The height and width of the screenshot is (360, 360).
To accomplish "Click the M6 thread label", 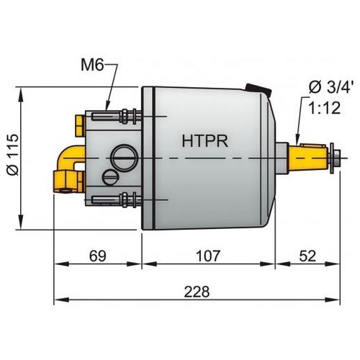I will tap(92, 67).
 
